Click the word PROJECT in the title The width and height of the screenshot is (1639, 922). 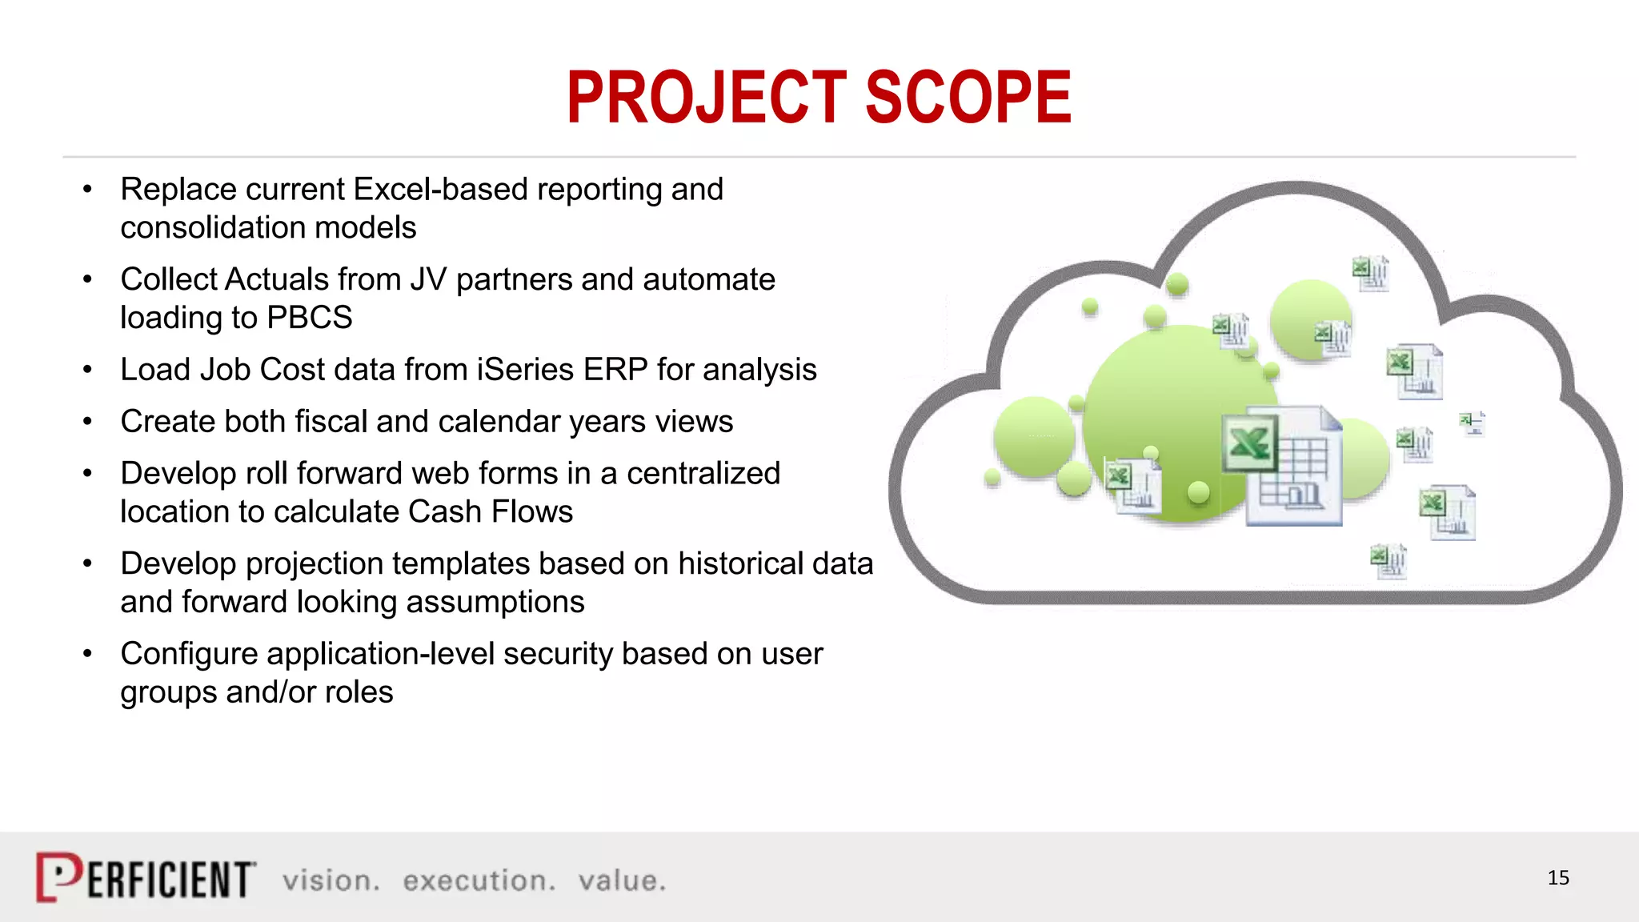click(x=706, y=98)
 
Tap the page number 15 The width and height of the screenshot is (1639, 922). click(x=1557, y=878)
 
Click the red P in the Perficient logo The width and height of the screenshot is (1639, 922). click(x=58, y=877)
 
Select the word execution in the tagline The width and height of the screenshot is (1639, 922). click(x=478, y=880)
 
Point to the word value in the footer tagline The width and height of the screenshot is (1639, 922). click(x=621, y=880)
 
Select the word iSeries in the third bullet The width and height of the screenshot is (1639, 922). click(x=525, y=370)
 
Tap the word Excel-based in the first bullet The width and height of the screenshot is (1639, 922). click(x=440, y=190)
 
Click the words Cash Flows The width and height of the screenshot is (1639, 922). click(x=490, y=512)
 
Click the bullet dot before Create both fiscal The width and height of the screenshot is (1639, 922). click(x=87, y=422)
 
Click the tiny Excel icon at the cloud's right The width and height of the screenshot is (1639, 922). click(x=1472, y=423)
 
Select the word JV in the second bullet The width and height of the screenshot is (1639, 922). click(x=428, y=279)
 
